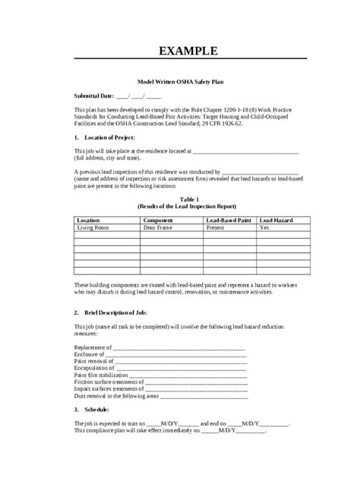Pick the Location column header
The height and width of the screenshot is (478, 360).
89,219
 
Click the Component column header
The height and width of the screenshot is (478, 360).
159,219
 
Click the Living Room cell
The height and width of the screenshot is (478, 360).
93,226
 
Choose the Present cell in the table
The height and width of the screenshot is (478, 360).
216,226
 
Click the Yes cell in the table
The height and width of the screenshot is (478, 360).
264,226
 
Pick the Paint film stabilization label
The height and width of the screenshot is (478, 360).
103,373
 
